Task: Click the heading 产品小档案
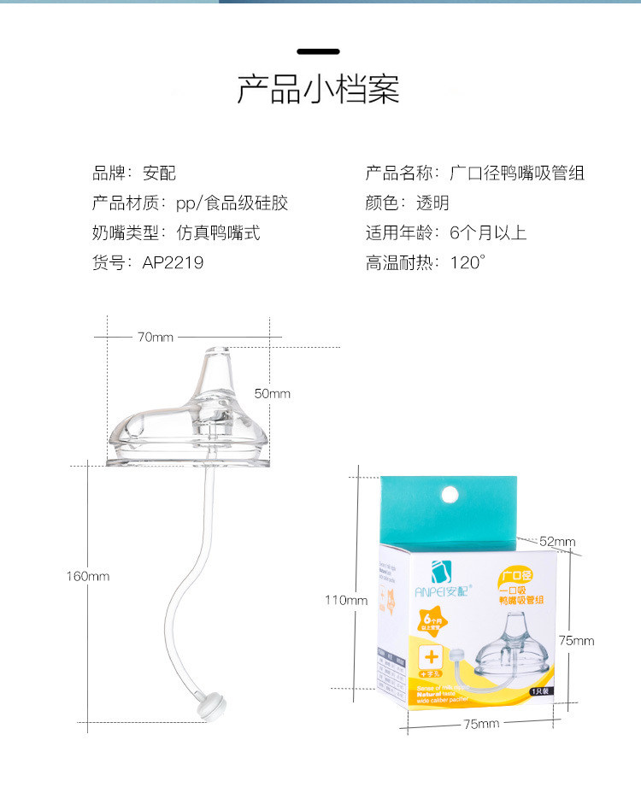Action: pos(318,90)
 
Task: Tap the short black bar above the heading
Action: pos(318,52)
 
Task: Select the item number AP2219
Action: pos(173,262)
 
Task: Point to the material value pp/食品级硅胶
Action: pos(232,203)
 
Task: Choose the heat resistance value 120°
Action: pos(468,262)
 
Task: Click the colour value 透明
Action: pos(432,203)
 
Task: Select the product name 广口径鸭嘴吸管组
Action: pos(517,173)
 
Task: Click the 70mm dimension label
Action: pos(155,337)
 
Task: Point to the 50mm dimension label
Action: pos(273,393)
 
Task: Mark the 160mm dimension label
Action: pos(88,576)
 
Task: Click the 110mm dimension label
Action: pos(346,600)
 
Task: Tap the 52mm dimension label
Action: pos(558,542)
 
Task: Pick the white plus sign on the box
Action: pos(432,656)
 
